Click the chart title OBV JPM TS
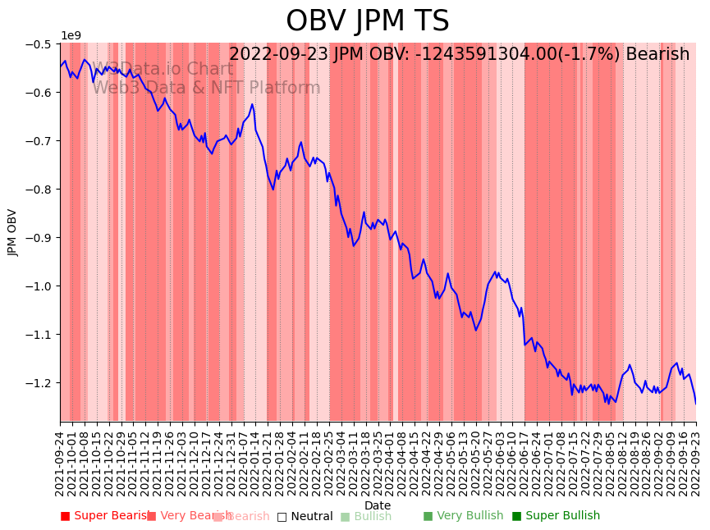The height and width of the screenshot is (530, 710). point(367,21)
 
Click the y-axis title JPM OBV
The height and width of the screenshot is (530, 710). point(12,232)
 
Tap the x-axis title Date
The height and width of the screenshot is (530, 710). point(378,505)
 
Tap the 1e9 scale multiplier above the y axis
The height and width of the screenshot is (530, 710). point(71,35)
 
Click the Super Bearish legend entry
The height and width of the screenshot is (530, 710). point(104,516)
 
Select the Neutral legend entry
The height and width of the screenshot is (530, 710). point(305,516)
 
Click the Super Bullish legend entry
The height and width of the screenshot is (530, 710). point(556,516)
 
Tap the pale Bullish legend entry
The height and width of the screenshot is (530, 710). point(366,516)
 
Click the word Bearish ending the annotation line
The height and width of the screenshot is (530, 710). point(657,55)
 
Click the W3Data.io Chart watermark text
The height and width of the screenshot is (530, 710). point(163,69)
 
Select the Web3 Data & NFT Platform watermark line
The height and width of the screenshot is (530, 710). point(206,88)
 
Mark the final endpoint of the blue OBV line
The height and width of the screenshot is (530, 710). point(696,404)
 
